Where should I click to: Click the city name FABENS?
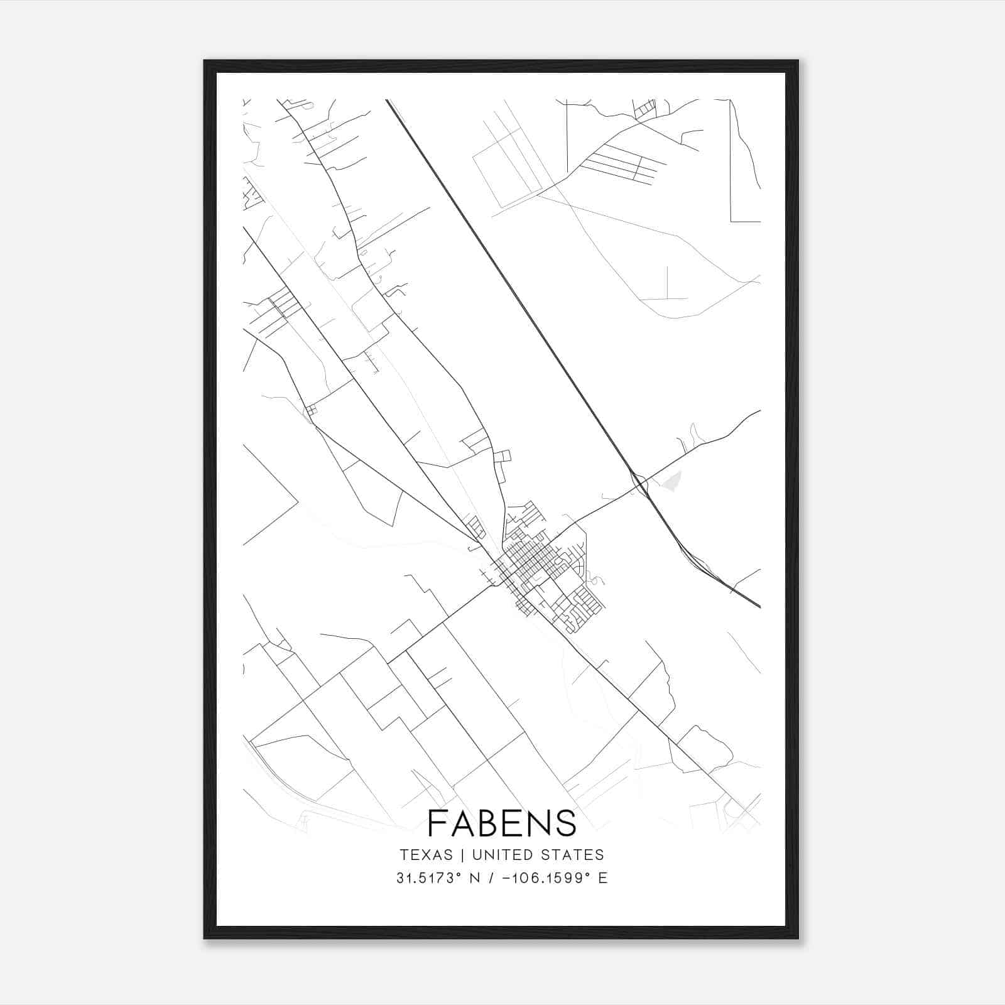(x=502, y=823)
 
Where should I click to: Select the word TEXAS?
(x=426, y=855)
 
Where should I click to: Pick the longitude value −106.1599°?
(x=541, y=878)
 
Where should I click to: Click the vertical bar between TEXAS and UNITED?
(x=462, y=855)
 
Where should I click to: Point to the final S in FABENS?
(x=566, y=823)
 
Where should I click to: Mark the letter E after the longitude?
(x=603, y=878)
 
